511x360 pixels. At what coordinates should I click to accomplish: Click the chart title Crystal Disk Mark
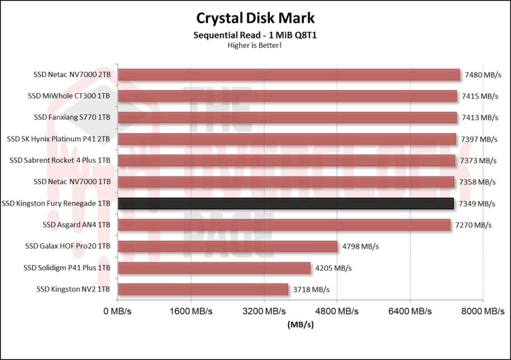pos(255,18)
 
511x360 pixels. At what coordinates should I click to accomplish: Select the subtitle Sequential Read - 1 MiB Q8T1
pos(255,36)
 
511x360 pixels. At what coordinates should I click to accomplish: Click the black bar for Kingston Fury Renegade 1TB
pos(285,203)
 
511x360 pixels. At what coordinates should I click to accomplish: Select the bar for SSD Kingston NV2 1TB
pos(203,289)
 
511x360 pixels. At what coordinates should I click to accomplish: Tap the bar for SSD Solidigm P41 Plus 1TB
pos(214,268)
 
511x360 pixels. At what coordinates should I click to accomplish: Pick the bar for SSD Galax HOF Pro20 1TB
pos(228,246)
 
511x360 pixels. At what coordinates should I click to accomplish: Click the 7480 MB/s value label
pos(483,75)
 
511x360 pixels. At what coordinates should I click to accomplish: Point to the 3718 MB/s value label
pos(311,289)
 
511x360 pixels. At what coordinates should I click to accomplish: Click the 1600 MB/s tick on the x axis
pos(191,312)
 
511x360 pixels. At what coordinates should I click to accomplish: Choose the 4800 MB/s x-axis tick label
pos(337,312)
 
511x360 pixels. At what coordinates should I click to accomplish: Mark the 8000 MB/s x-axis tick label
pos(483,312)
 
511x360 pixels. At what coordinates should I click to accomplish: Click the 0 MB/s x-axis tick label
pos(118,312)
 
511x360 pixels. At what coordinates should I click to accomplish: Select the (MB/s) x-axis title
pos(300,325)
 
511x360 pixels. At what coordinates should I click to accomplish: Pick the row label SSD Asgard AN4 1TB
pos(76,225)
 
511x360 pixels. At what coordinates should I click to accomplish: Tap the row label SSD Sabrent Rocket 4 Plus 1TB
pos(60,161)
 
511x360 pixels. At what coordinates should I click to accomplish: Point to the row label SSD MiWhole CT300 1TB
pos(69,96)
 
